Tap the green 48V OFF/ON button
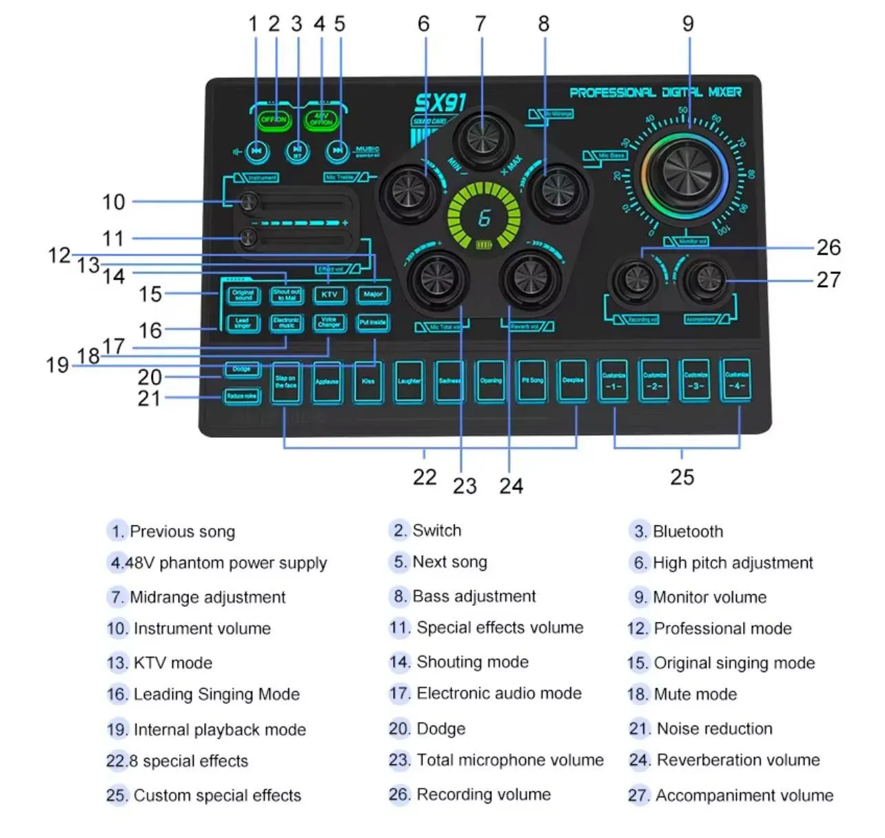click(x=321, y=119)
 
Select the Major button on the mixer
click(x=373, y=294)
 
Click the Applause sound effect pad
click(x=327, y=381)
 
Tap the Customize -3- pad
click(x=695, y=381)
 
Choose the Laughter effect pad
click(x=409, y=381)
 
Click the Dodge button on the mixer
click(x=241, y=370)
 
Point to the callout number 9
click(x=688, y=24)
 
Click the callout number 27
click(x=828, y=280)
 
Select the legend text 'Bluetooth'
click(x=688, y=532)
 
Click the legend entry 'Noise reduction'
click(x=714, y=729)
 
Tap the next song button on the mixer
click(x=338, y=150)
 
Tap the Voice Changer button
click(x=329, y=322)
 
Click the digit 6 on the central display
click(x=484, y=218)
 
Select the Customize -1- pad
click(x=613, y=381)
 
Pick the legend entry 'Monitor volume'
click(x=709, y=597)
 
